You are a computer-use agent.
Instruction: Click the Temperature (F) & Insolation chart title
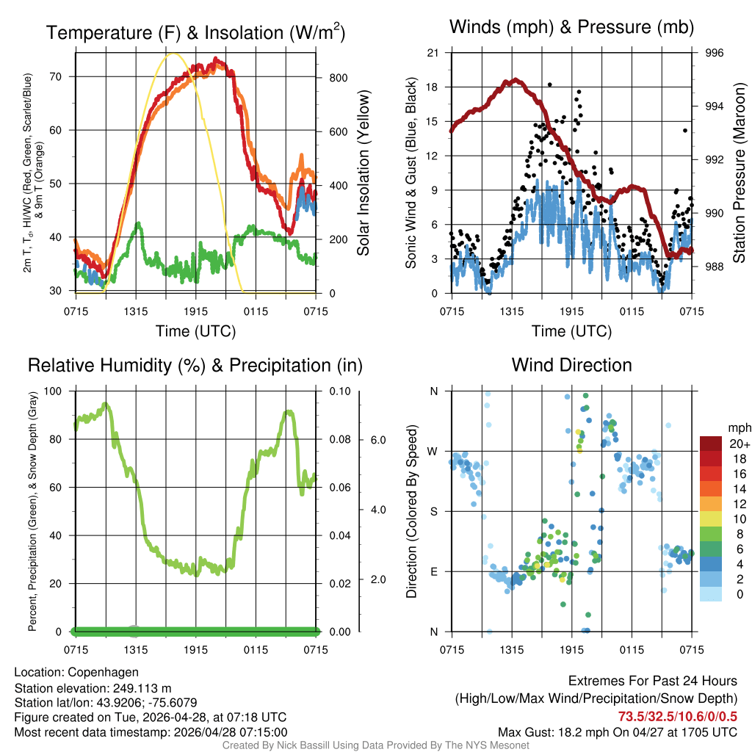click(195, 32)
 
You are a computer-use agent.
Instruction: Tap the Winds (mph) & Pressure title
click(571, 28)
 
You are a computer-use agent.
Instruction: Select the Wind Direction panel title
click(571, 365)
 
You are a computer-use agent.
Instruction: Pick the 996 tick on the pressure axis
click(715, 53)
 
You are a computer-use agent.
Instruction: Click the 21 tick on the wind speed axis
click(433, 53)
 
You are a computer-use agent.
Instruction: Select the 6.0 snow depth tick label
click(377, 440)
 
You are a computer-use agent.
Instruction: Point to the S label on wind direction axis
click(434, 511)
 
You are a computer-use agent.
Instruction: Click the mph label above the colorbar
click(737, 427)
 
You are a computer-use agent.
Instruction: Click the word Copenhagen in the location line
click(103, 672)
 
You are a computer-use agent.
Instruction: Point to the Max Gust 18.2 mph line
click(618, 732)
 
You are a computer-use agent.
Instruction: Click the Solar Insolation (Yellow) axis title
click(363, 173)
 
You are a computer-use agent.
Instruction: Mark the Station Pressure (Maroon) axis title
click(740, 173)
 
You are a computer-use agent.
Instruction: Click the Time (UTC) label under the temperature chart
click(195, 331)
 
